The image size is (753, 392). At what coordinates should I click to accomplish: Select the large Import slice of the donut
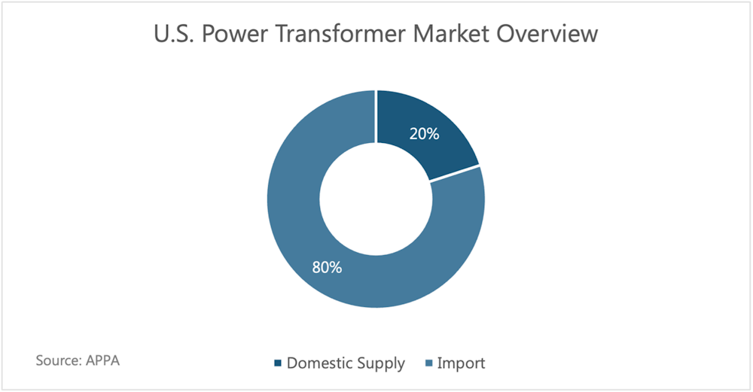307,250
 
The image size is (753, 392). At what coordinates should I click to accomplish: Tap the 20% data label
424,134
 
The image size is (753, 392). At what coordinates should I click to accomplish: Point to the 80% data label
327,267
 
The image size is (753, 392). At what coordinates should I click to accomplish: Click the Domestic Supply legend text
346,363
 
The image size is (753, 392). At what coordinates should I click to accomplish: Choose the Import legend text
461,363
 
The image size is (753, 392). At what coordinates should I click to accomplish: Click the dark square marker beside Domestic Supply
278,363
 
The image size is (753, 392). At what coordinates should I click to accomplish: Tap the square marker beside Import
429,363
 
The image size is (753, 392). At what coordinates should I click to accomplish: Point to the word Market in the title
451,34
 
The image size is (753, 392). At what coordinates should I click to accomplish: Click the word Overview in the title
547,34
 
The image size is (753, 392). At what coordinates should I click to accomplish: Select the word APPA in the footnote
102,360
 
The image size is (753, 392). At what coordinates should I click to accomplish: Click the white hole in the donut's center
376,199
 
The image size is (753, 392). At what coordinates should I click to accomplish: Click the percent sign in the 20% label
433,134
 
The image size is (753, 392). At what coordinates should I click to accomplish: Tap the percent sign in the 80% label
336,267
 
